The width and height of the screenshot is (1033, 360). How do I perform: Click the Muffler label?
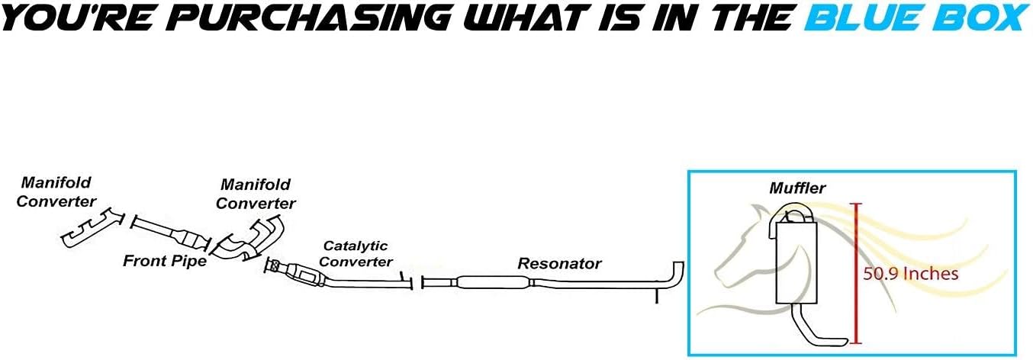(797, 188)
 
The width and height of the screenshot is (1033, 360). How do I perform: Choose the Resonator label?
(559, 264)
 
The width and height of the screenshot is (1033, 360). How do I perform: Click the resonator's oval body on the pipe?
(492, 281)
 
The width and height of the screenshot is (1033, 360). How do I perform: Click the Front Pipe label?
(165, 262)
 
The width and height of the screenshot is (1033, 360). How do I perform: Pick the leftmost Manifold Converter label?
(56, 192)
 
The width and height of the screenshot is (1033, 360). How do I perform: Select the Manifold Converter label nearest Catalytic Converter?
(256, 194)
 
